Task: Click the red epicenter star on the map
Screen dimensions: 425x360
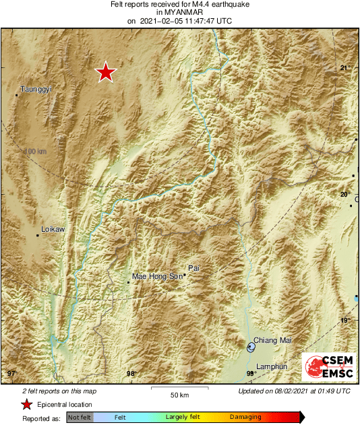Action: coord(105,72)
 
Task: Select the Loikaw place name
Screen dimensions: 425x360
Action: coord(53,230)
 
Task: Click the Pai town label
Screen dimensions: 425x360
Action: coord(194,268)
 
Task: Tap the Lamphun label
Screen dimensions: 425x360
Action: coord(272,366)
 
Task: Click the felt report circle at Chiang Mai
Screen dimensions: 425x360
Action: coord(251,348)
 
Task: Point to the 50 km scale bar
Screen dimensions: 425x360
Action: coord(179,389)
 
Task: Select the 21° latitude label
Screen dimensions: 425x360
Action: coord(345,68)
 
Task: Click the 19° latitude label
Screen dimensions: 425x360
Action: coord(345,321)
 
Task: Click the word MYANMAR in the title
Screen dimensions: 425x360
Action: coord(179,12)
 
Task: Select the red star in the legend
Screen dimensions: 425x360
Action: coord(26,404)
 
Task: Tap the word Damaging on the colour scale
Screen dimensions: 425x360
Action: coord(245,418)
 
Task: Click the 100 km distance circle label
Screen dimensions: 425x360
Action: coord(35,152)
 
